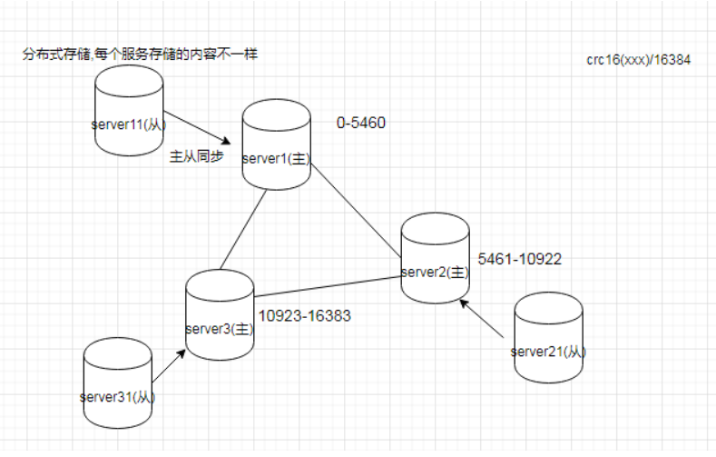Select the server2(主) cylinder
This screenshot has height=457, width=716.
pos(435,259)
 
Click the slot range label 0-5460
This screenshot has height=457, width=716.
pos(361,124)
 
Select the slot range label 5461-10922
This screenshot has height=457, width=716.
pos(520,259)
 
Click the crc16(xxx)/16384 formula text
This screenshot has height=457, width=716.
pos(639,61)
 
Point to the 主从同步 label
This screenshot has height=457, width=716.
pos(196,155)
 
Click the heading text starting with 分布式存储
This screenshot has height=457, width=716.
pos(141,55)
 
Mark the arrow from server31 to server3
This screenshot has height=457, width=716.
pos(169,367)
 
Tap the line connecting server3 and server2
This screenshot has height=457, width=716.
pos(329,286)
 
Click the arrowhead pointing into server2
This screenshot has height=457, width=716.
pos(465,305)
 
